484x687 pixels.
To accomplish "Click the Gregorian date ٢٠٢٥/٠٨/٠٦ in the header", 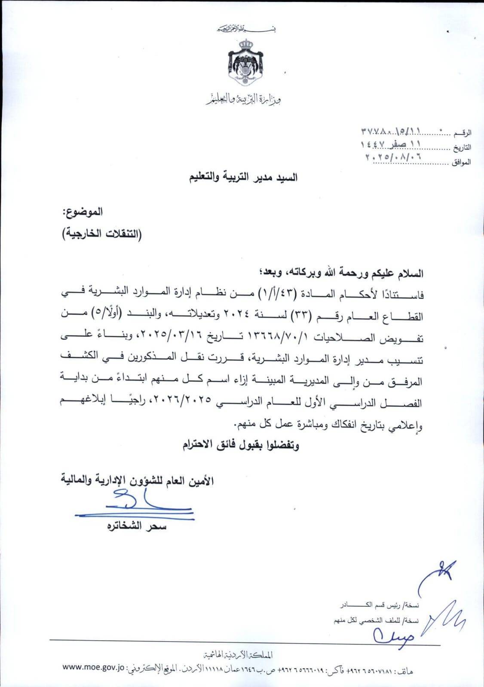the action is click(393, 157).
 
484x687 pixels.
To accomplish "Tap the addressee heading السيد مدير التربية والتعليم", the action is click(244, 176).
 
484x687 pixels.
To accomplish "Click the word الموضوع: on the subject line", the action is click(83, 212).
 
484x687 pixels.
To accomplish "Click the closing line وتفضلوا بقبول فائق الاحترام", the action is click(241, 445).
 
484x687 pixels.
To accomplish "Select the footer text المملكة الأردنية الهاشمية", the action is click(238, 655).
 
